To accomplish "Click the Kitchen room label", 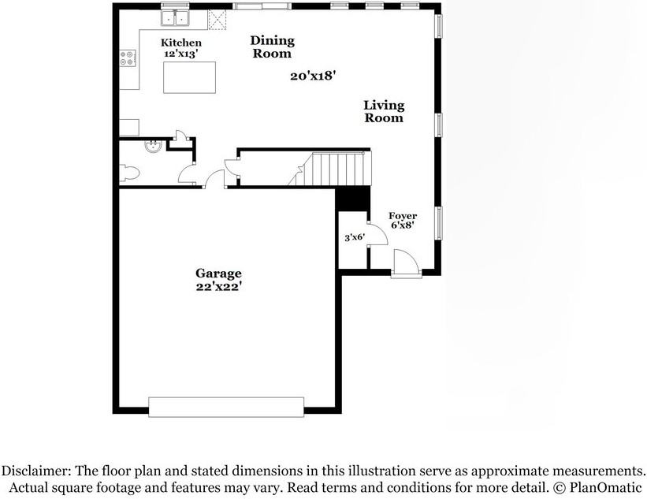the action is tap(181, 43).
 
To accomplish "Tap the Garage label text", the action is tap(218, 274).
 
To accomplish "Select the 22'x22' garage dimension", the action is tap(218, 286).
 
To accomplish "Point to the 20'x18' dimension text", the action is tap(311, 76).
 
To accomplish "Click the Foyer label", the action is tap(403, 216).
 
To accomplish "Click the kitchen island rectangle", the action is tap(189, 77).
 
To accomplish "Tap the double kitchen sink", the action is tap(176, 18).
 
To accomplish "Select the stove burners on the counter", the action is tap(128, 58).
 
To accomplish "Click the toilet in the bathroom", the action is tap(129, 173).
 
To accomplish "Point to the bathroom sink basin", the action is tap(153, 146).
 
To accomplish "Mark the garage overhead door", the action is tap(226, 407).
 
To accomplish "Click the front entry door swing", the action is tap(407, 262).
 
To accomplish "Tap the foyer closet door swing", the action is tap(377, 234).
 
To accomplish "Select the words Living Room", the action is tap(384, 111).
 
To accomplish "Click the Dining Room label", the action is tap(273, 47).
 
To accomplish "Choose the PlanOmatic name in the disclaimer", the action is tap(605, 487).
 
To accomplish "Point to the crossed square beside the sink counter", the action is tap(217, 20).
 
